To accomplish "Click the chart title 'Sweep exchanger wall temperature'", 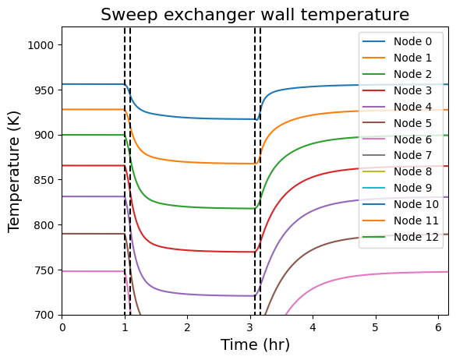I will point(255,14).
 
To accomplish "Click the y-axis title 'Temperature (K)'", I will point(14,171).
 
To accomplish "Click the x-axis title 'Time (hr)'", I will point(255,344).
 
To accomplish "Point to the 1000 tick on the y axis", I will point(43,45).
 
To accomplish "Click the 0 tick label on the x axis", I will point(62,327).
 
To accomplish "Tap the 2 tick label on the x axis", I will point(188,327).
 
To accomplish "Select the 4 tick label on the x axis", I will point(313,327).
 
